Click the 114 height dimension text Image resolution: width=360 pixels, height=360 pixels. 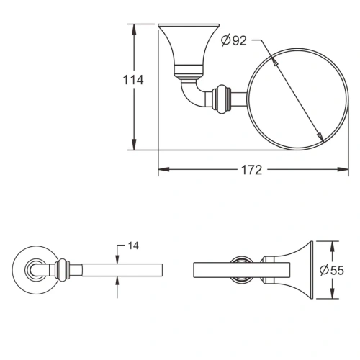click(x=132, y=81)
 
